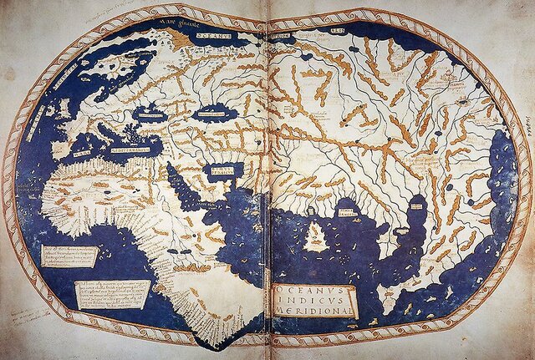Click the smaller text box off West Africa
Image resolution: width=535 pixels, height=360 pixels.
[x=70, y=256]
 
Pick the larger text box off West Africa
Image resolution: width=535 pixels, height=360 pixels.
[x=113, y=293]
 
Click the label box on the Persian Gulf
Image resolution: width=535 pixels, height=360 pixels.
[x=222, y=170]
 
